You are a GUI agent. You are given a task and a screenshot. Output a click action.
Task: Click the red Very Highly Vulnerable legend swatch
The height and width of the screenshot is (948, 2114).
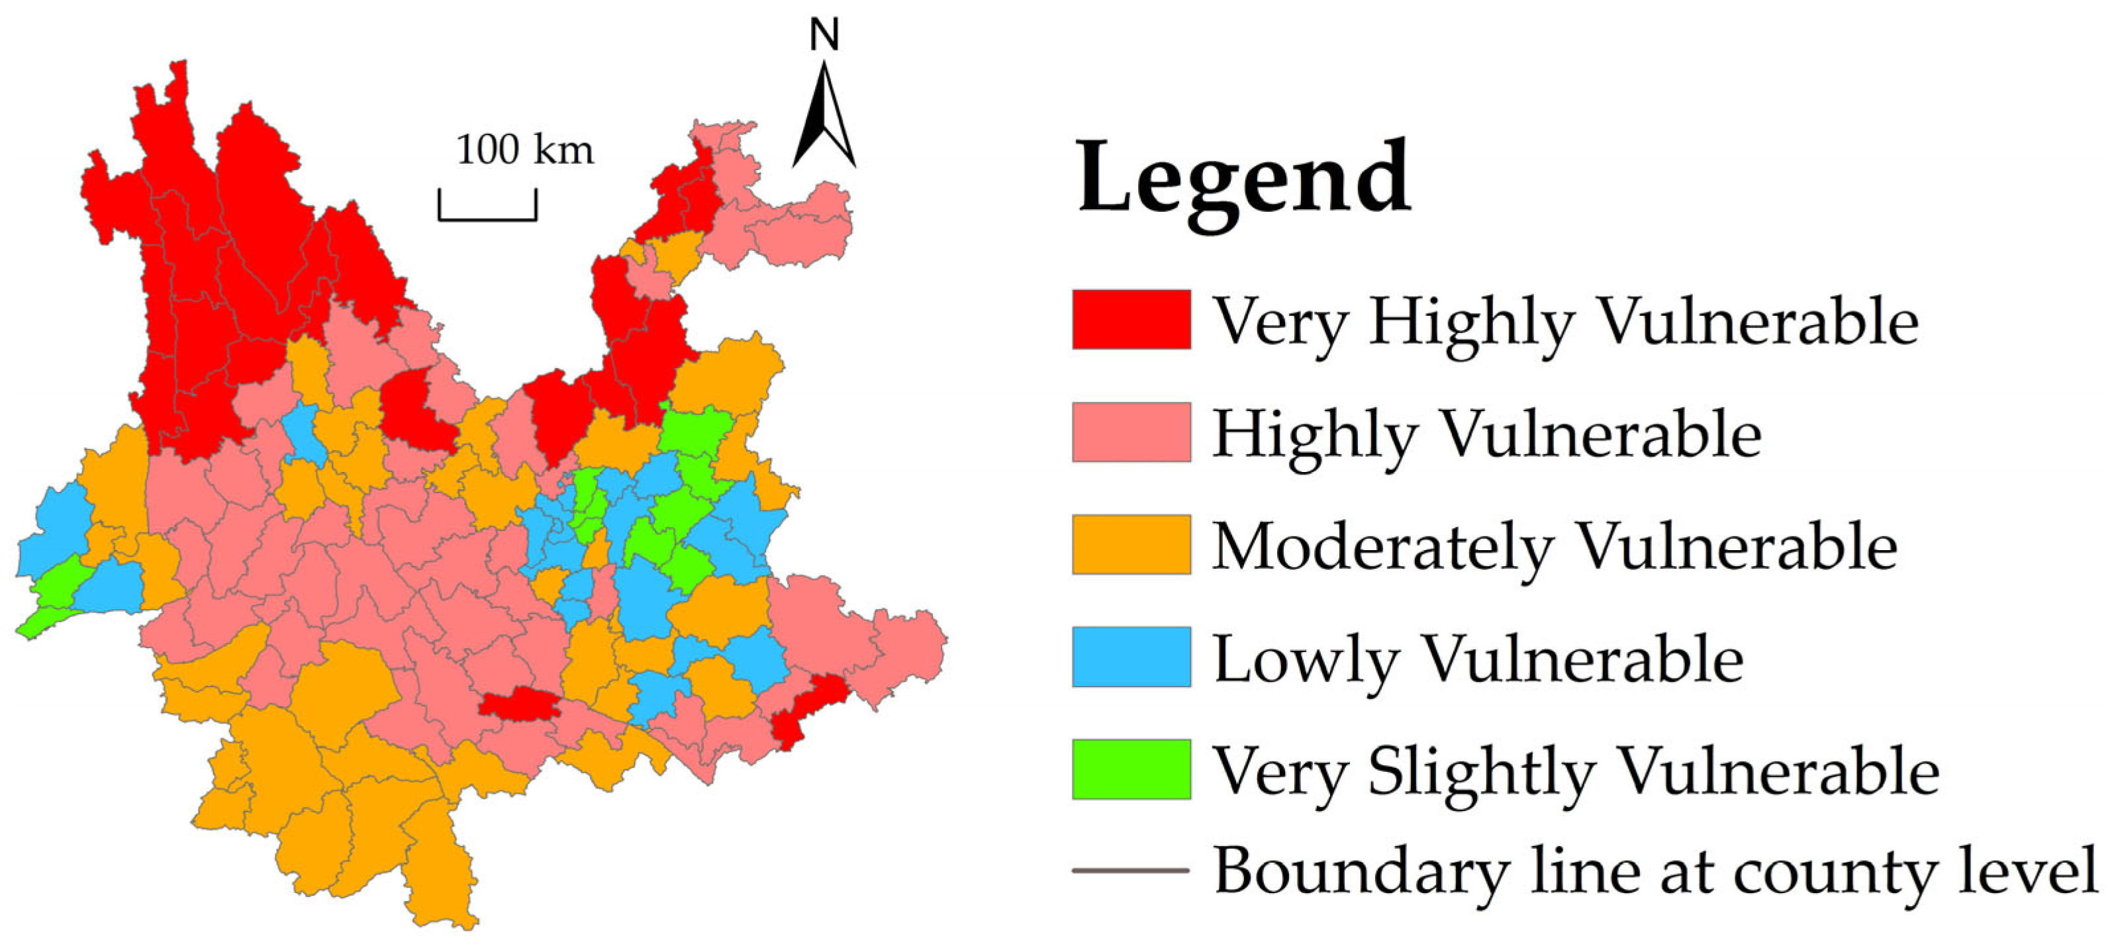[1131, 319]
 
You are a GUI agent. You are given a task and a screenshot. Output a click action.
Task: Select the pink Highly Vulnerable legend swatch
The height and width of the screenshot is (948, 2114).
[1131, 432]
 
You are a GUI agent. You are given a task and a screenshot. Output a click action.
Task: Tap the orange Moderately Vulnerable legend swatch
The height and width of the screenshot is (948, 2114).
[1131, 544]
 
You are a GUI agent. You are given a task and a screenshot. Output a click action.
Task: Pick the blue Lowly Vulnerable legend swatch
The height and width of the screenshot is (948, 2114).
[1131, 657]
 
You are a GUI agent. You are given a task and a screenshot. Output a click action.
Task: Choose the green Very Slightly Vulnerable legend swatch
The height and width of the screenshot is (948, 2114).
[1131, 769]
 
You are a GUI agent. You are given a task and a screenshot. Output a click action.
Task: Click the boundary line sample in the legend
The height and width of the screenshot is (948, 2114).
[1131, 870]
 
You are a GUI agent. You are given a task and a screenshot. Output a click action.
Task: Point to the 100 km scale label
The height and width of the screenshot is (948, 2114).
[524, 151]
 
